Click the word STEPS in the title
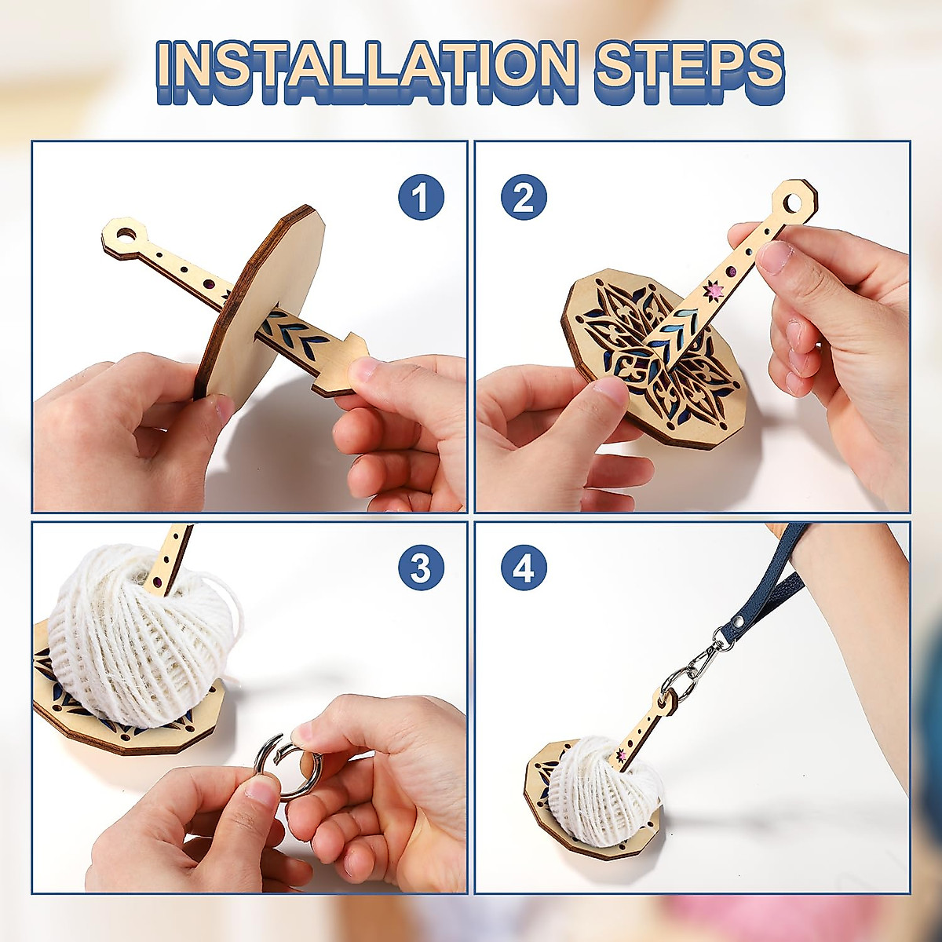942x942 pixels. pyautogui.click(x=688, y=70)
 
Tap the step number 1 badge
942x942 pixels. pyautogui.click(x=421, y=198)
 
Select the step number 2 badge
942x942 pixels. pyautogui.click(x=524, y=198)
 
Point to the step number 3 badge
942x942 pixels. pyautogui.click(x=421, y=568)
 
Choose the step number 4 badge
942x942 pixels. pyautogui.click(x=524, y=568)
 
